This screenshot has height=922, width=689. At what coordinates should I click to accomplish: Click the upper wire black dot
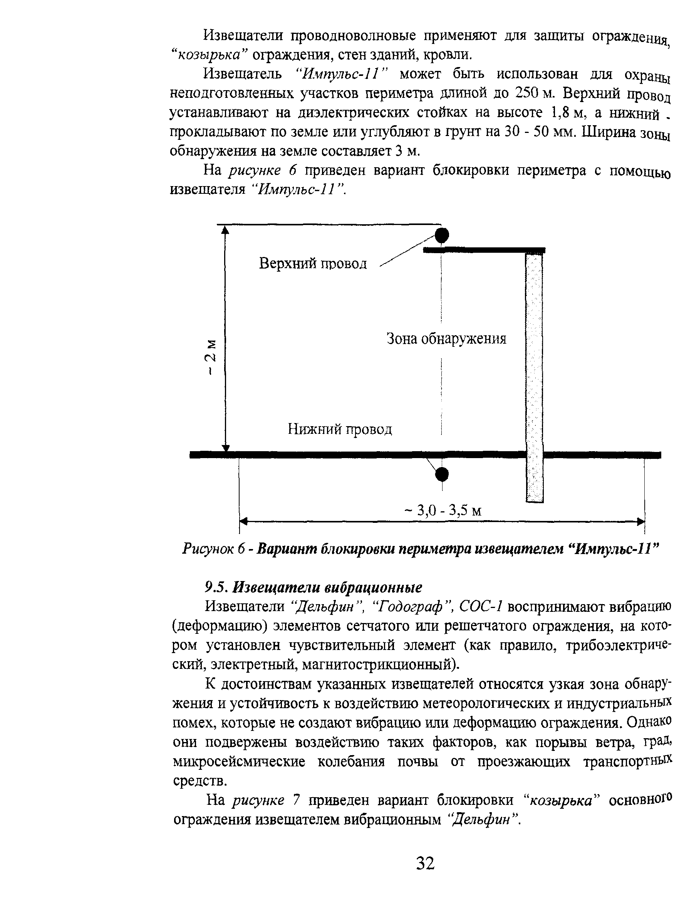click(442, 235)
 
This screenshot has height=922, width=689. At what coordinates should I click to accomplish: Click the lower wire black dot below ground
click(442, 474)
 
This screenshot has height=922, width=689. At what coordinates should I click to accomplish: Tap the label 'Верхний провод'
click(313, 264)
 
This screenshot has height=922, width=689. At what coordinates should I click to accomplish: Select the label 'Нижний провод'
click(340, 429)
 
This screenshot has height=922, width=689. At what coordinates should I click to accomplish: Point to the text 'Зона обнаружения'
click(446, 338)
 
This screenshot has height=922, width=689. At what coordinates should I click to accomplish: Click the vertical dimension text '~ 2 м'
click(213, 357)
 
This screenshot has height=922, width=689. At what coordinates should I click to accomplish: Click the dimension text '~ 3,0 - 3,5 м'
click(443, 510)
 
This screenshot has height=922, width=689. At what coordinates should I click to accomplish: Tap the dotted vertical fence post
click(535, 375)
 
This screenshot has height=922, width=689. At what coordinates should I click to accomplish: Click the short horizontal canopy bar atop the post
click(484, 250)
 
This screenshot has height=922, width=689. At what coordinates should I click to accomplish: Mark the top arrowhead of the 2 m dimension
click(225, 230)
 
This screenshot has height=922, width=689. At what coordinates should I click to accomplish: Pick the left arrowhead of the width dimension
click(244, 521)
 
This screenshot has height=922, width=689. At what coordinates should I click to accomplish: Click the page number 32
click(425, 863)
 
